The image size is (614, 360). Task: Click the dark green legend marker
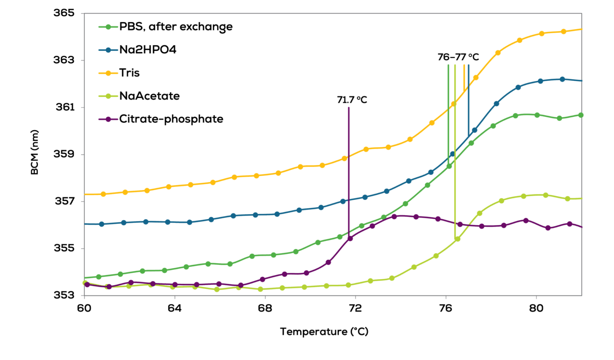click(x=108, y=27)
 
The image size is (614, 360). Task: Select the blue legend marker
click(x=108, y=50)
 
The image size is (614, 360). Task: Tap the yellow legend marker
click(x=108, y=73)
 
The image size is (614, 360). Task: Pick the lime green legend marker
click(x=108, y=96)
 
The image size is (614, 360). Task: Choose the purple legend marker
click(x=108, y=119)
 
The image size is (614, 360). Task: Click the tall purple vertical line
click(x=349, y=168)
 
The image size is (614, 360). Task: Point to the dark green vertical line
click(x=448, y=112)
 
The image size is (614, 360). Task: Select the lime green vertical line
click(x=455, y=152)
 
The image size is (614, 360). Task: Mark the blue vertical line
click(x=468, y=100)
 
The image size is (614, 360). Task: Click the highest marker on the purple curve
click(x=394, y=216)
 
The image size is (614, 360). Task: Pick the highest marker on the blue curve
click(x=562, y=79)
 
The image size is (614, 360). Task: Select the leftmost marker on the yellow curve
click(x=103, y=194)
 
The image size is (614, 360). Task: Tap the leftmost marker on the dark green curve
click(x=99, y=277)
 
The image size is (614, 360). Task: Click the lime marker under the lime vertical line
click(x=458, y=239)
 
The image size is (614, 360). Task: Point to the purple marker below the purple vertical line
click(x=351, y=238)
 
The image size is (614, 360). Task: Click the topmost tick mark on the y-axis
click(x=83, y=14)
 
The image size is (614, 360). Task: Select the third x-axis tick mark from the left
click(x=265, y=297)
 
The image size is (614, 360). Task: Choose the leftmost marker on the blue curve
click(x=102, y=224)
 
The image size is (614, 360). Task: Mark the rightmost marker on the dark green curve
click(x=581, y=115)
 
